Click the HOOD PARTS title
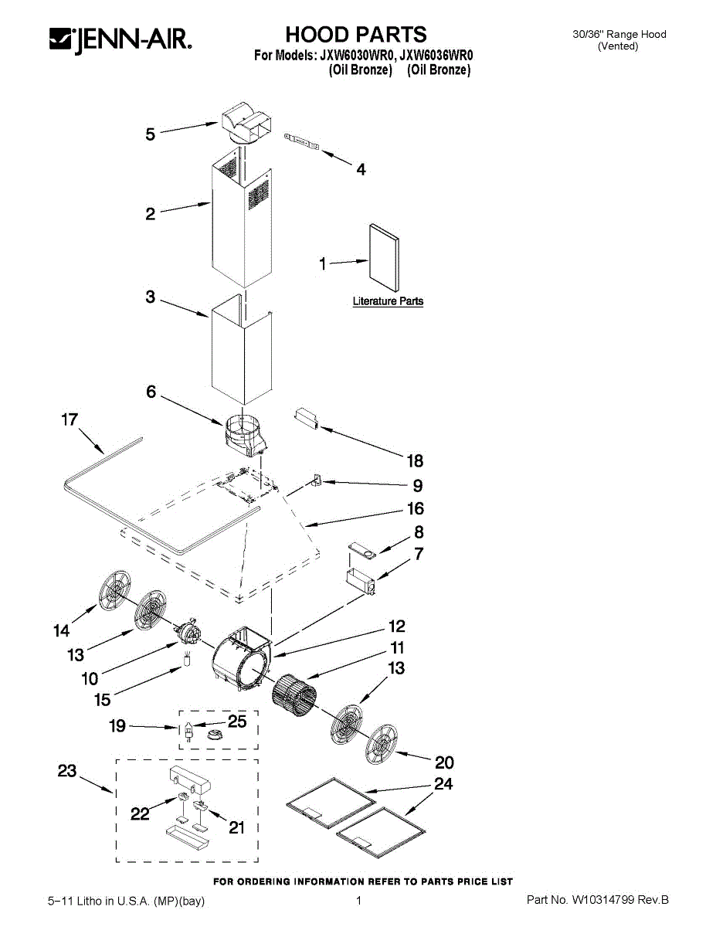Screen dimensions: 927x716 [x=356, y=35]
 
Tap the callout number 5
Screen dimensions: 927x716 [x=151, y=134]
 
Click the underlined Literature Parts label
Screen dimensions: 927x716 [x=388, y=301]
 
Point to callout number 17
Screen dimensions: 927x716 [x=70, y=419]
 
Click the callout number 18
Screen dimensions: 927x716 [x=415, y=461]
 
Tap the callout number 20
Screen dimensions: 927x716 [x=444, y=762]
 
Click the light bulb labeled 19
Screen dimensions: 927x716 [x=188, y=728]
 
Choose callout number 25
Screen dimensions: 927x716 [x=237, y=722]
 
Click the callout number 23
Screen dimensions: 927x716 [x=67, y=770]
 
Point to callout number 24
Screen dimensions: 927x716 [x=443, y=784]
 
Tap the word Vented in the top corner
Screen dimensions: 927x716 [x=619, y=46]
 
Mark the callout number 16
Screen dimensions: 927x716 [x=416, y=508]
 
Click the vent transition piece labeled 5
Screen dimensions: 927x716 [x=243, y=125]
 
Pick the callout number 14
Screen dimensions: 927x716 [x=61, y=631]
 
